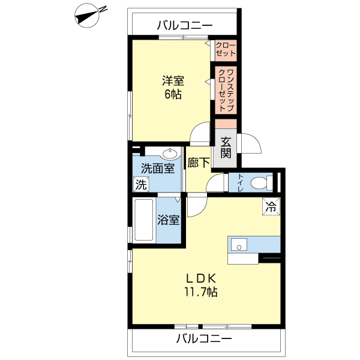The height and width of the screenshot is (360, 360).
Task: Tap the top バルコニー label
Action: click(x=185, y=25)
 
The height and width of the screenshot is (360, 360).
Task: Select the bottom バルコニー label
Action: click(x=204, y=339)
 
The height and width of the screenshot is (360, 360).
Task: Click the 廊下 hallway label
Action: click(x=198, y=163)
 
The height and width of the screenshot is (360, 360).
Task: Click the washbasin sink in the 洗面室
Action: click(x=170, y=154)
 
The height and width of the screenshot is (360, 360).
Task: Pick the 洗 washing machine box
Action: click(x=140, y=185)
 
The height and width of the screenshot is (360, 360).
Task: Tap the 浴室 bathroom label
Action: click(x=169, y=220)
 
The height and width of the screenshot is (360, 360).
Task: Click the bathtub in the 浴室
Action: click(x=143, y=220)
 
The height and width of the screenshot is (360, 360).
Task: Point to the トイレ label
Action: click(x=241, y=183)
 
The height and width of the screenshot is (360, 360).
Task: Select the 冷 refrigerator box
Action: click(x=271, y=207)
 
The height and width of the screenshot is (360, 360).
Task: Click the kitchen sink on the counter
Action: click(x=239, y=245)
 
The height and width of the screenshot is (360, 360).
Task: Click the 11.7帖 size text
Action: click(x=200, y=292)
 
